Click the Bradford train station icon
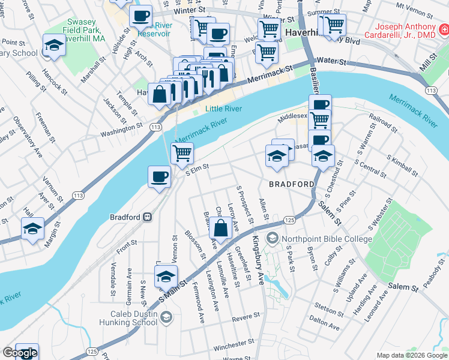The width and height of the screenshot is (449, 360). (146, 217)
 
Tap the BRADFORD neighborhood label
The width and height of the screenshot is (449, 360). (291, 184)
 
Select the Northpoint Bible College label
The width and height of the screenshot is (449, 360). (327, 239)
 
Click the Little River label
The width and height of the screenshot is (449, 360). (223, 109)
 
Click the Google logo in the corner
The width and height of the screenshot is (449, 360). (19, 353)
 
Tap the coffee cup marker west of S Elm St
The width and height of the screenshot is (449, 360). (159, 176)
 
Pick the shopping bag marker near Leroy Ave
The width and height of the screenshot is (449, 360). (221, 228)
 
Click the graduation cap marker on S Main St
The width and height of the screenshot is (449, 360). (166, 277)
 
